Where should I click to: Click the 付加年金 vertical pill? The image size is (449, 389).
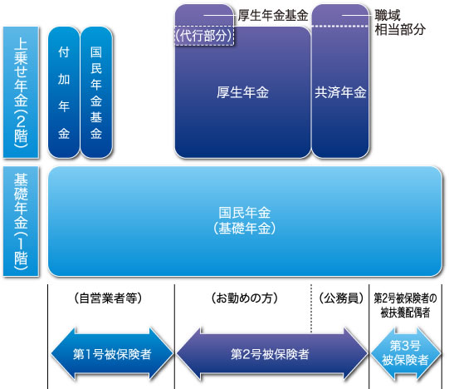click(x=64, y=92)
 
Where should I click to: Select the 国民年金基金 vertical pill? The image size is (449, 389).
click(x=96, y=92)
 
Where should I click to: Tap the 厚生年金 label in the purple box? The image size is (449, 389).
click(x=242, y=92)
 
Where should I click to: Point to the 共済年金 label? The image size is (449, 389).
click(x=340, y=92)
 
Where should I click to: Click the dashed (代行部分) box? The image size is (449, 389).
click(x=204, y=36)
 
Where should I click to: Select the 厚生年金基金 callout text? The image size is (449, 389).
click(x=273, y=15)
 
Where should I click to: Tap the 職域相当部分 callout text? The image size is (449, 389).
click(x=400, y=22)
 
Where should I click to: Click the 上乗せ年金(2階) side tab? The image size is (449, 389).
click(x=21, y=92)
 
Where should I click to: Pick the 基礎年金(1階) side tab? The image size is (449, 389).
click(x=21, y=221)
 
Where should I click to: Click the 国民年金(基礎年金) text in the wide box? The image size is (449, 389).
click(x=244, y=220)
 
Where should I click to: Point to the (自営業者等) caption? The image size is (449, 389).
click(x=108, y=298)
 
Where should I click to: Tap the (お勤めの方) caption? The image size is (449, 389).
click(x=244, y=298)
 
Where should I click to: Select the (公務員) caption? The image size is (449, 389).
click(x=341, y=298)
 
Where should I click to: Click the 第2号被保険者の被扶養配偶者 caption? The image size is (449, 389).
click(x=405, y=305)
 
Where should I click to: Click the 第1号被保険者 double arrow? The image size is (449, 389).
click(x=112, y=354)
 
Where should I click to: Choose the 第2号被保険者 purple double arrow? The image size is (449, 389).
click(x=271, y=354)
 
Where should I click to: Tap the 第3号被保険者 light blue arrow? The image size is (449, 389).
click(x=406, y=353)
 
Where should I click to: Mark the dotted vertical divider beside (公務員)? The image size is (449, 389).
click(x=311, y=308)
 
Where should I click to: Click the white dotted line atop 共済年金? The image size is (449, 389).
click(x=340, y=26)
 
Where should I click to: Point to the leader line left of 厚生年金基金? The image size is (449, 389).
click(x=220, y=15)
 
